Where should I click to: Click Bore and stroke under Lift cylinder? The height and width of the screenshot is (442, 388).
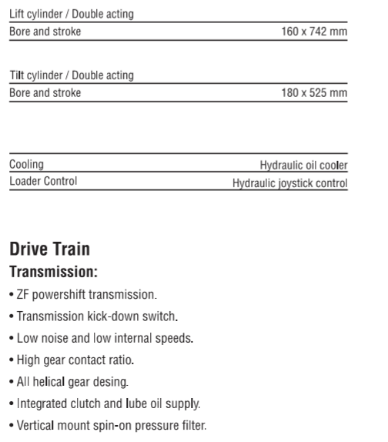click(45, 32)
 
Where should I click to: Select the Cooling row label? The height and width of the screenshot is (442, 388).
click(26, 164)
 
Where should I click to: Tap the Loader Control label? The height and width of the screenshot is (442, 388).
click(42, 182)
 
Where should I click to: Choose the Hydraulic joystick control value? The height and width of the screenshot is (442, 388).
click(290, 183)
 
